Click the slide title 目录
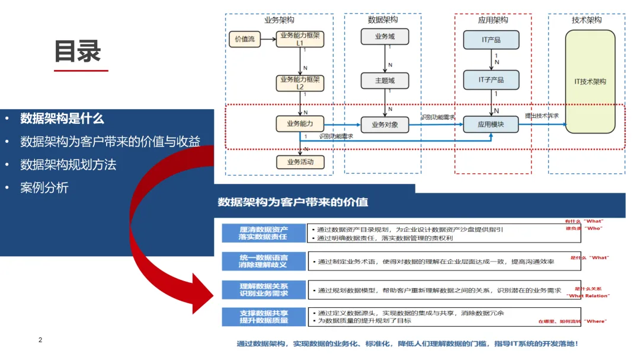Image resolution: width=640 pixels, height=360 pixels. [78, 51]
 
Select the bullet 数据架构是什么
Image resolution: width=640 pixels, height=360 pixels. [62, 118]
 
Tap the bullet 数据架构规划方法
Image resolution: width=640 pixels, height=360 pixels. [68, 164]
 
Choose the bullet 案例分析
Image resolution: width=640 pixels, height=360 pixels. [44, 187]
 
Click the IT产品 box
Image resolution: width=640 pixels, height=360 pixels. [491, 40]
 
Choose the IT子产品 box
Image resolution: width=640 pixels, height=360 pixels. [491, 80]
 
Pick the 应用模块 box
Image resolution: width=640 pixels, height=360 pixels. [491, 125]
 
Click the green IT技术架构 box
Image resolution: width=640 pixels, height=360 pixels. [590, 82]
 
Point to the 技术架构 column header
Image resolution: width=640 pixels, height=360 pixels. [586, 20]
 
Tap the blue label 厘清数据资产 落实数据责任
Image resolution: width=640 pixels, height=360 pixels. [264, 233]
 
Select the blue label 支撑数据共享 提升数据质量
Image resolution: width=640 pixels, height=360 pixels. [264, 317]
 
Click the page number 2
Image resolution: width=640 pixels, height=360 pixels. [40, 340]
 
